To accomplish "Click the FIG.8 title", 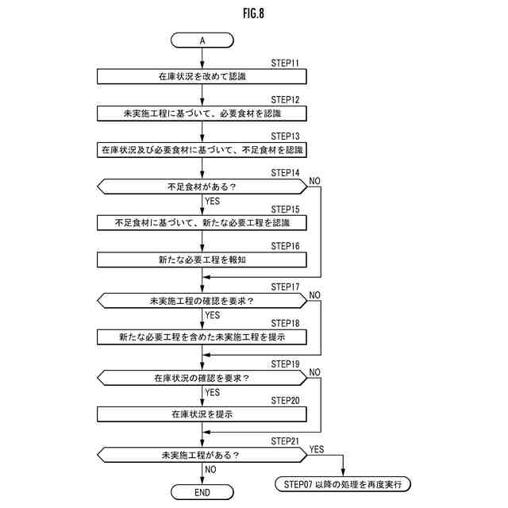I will pyautogui.click(x=254, y=13).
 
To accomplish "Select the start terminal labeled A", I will pyautogui.click(x=202, y=39).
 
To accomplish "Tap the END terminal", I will pyautogui.click(x=202, y=492).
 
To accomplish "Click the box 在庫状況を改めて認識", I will pyautogui.click(x=202, y=76).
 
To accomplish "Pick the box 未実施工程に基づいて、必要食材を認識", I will pyautogui.click(x=202, y=113).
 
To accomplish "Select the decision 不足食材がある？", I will pyautogui.click(x=202, y=187).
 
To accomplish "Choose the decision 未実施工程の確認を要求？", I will pyautogui.click(x=202, y=301).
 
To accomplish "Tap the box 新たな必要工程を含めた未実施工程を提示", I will pyautogui.click(x=202, y=337).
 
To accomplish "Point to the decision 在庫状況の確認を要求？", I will pyautogui.click(x=202, y=378).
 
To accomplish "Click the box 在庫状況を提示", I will pyautogui.click(x=202, y=414).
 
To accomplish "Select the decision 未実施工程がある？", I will pyautogui.click(x=202, y=455).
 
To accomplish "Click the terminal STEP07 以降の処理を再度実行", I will pyautogui.click(x=343, y=483).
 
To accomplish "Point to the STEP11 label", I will pyautogui.click(x=285, y=63).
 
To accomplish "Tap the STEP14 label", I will pyautogui.click(x=285, y=173).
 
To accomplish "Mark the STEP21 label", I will pyautogui.click(x=285, y=441).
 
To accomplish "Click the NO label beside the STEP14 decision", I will pyautogui.click(x=314, y=181).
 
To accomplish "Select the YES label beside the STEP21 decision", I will pyautogui.click(x=317, y=448).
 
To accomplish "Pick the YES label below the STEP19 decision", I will pyautogui.click(x=213, y=392).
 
